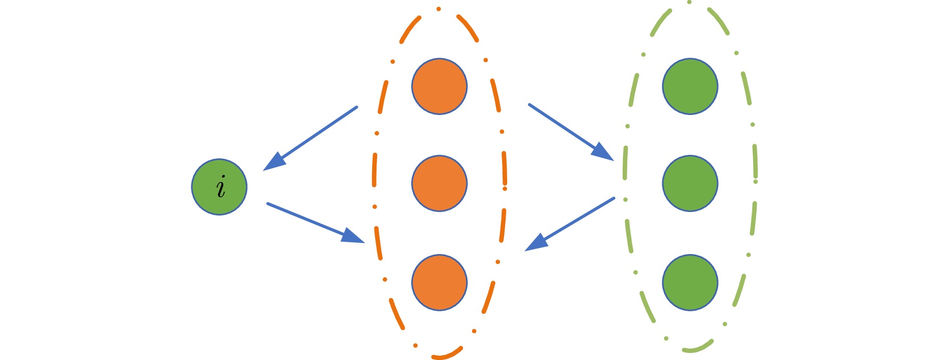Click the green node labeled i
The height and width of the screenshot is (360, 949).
tap(219, 187)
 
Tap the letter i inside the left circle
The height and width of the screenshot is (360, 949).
tap(220, 187)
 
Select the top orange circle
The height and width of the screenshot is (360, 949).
tap(439, 86)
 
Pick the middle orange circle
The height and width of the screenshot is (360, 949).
tap(439, 183)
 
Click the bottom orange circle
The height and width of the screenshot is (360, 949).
tap(439, 282)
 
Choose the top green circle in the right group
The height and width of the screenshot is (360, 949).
tap(690, 86)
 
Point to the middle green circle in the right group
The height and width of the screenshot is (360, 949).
tap(690, 183)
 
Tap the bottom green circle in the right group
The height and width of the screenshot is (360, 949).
tap(690, 282)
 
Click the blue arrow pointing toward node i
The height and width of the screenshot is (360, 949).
tap(310, 139)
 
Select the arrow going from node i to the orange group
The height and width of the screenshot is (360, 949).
tap(315, 223)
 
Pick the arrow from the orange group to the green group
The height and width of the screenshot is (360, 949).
tap(571, 132)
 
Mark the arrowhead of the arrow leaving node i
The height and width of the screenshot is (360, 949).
tap(353, 236)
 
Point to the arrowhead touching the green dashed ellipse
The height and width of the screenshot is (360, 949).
tap(603, 152)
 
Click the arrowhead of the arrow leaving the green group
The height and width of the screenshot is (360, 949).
tap(535, 243)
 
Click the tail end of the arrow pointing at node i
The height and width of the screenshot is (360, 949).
tap(357, 107)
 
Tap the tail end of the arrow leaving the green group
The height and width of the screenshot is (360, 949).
tap(614, 198)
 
